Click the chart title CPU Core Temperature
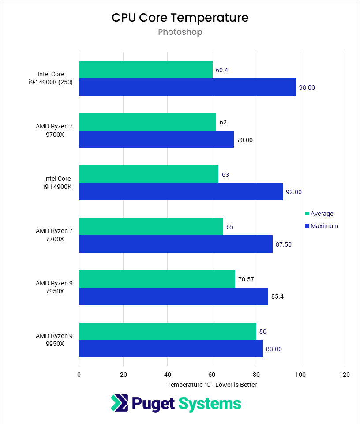pyautogui.click(x=180, y=18)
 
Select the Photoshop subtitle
pyautogui.click(x=180, y=32)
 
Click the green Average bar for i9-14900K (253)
pyautogui.click(x=146, y=70)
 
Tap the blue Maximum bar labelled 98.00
pyautogui.click(x=187, y=87)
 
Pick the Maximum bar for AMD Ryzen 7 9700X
pyautogui.click(x=156, y=139)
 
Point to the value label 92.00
pyautogui.click(x=294, y=192)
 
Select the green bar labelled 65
pyautogui.click(x=151, y=227)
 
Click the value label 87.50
pyautogui.click(x=284, y=244)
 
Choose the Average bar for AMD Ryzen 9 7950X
pyautogui.click(x=157, y=279)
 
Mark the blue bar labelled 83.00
pyautogui.click(x=171, y=349)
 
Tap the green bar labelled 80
pyautogui.click(x=168, y=331)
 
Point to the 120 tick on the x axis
pyautogui.click(x=344, y=375)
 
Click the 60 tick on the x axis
pyautogui.click(x=212, y=375)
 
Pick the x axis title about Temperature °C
pyautogui.click(x=212, y=385)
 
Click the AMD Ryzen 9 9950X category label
pyautogui.click(x=54, y=340)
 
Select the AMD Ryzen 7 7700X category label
pyautogui.click(x=54, y=235)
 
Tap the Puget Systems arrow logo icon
pyautogui.click(x=119, y=403)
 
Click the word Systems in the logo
pyautogui.click(x=210, y=403)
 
